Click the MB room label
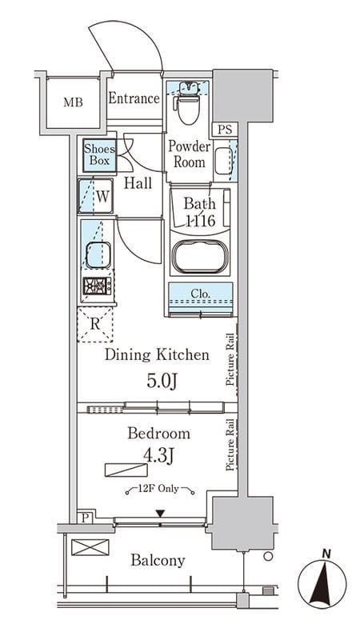click(73, 102)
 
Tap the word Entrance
click(134, 98)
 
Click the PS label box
click(225, 130)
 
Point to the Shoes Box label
click(99, 154)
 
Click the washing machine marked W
click(95, 196)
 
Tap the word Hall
click(138, 183)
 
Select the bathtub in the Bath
click(199, 256)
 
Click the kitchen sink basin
click(98, 255)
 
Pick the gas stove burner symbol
click(97, 286)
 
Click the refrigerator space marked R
click(95, 325)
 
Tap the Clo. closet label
click(201, 293)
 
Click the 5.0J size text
click(162, 382)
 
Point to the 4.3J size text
click(158, 456)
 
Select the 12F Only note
click(160, 489)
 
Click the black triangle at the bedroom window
click(160, 513)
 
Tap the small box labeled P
click(85, 518)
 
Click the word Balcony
click(158, 561)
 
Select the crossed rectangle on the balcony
click(90, 547)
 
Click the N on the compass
click(326, 554)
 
